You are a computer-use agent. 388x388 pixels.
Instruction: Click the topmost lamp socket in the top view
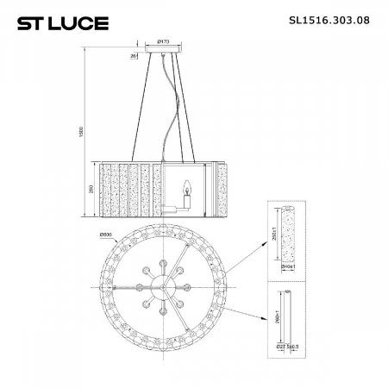(161, 253)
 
